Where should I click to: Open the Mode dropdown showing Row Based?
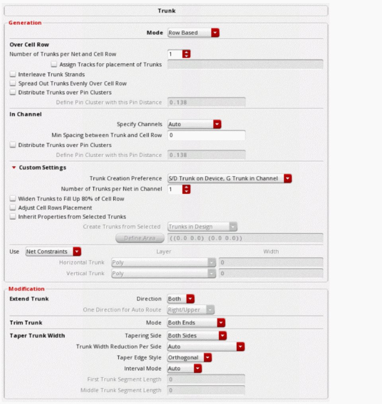[193, 33]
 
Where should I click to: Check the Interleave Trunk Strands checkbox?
[13, 74]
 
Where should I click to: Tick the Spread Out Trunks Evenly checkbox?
[13, 84]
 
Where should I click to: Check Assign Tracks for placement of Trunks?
[55, 64]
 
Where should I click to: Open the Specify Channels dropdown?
[194, 124]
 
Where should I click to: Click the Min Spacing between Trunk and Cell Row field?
[206, 135]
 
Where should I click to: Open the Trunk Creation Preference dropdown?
[230, 179]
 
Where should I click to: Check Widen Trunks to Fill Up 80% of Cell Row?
[13, 198]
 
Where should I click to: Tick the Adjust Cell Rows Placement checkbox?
[13, 208]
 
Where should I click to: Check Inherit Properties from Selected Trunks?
[13, 217]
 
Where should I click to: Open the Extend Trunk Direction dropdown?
[181, 299]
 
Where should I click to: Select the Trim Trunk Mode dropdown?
[196, 322]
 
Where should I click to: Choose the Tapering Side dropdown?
[197, 336]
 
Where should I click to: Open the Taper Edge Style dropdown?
[189, 357]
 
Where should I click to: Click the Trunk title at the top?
[166, 11]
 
